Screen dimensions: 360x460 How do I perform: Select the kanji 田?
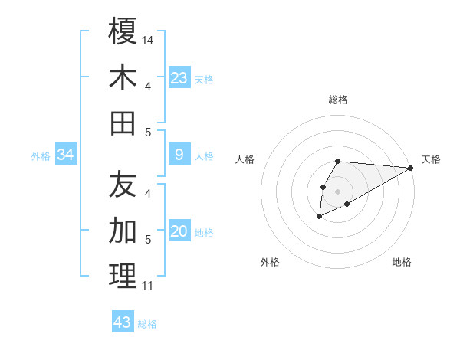[123, 123]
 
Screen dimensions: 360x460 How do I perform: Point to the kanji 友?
[123, 184]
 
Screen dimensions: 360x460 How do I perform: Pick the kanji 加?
[123, 231]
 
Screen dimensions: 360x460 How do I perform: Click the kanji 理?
[123, 277]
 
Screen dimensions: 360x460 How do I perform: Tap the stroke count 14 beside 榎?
[149, 39]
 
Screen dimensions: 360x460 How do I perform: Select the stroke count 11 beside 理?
[147, 286]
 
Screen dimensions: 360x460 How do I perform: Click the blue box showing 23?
[179, 78]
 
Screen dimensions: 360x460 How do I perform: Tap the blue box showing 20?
[179, 232]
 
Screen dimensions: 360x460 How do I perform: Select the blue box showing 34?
[65, 155]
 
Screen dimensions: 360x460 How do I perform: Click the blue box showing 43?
[123, 322]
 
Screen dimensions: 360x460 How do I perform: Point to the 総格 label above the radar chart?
[338, 100]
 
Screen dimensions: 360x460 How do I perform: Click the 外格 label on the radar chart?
[270, 262]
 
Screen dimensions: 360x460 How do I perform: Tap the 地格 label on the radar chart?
[402, 262]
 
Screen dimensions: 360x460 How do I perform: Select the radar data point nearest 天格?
[411, 168]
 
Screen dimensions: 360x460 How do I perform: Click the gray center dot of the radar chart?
[338, 191]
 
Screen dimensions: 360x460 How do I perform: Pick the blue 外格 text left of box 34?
[41, 156]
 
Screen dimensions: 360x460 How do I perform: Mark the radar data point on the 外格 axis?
[319, 218]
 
